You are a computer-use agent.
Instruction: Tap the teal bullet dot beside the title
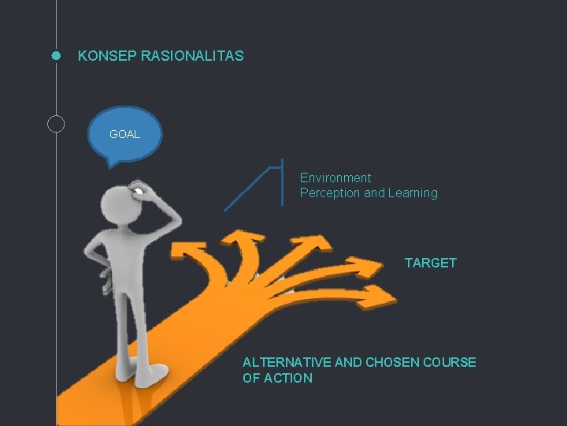point(56,56)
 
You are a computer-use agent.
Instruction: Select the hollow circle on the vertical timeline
point(56,123)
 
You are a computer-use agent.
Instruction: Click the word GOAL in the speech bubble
point(124,134)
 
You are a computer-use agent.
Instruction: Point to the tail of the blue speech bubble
point(111,163)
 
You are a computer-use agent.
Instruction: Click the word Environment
point(335,178)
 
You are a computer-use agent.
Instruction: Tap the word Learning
point(413,193)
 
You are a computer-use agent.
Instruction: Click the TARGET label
point(430,263)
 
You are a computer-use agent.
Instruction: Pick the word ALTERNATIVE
point(287,363)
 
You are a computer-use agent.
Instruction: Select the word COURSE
point(450,363)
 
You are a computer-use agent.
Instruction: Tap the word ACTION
point(287,379)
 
